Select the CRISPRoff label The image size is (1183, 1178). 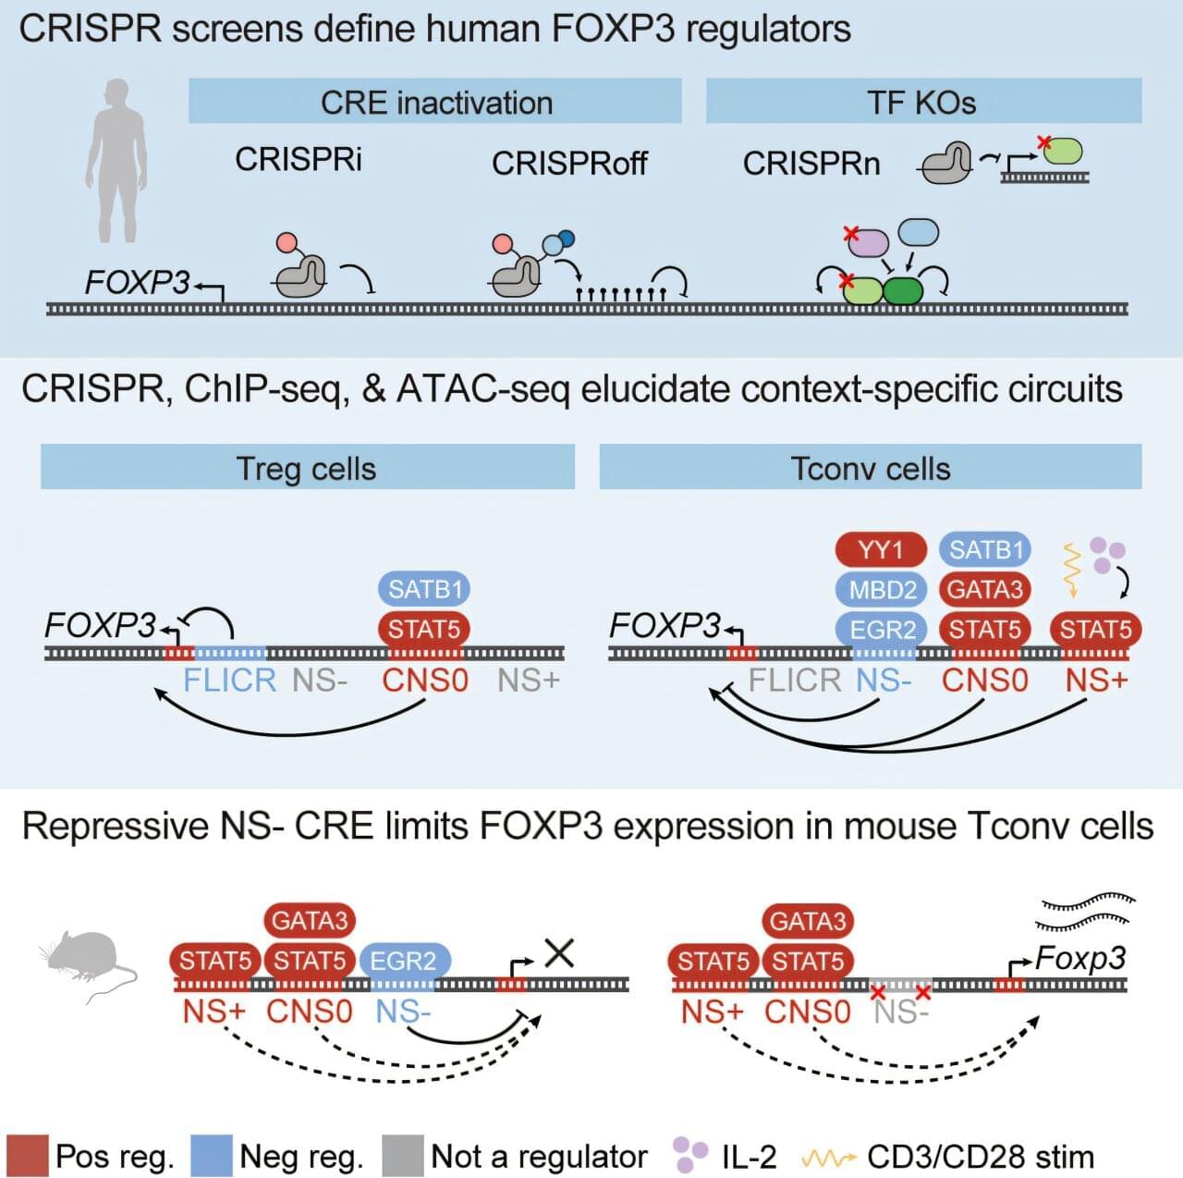click(x=569, y=164)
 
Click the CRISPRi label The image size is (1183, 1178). click(x=299, y=159)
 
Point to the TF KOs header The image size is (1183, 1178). click(x=921, y=102)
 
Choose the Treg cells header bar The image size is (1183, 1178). click(x=307, y=468)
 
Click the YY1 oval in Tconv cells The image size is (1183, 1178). click(x=880, y=550)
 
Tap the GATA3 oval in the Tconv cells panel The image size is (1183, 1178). click(x=984, y=589)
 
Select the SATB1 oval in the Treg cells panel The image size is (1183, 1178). click(x=425, y=589)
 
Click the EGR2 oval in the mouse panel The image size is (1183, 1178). click(x=403, y=961)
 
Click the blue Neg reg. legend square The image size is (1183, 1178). click(x=211, y=1156)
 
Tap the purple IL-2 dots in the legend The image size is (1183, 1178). click(x=689, y=1153)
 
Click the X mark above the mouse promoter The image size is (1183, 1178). click(x=559, y=952)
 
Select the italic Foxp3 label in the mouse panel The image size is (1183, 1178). click(x=1080, y=958)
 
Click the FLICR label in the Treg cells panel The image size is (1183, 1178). click(x=229, y=681)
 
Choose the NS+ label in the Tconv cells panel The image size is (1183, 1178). click(x=1096, y=681)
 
